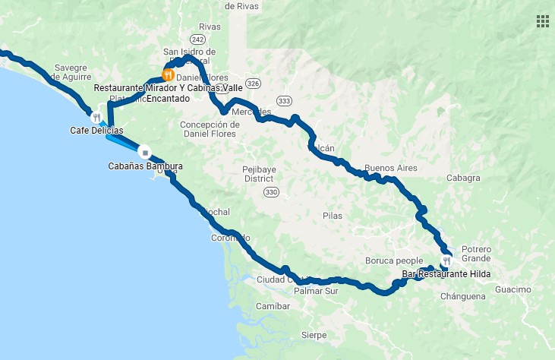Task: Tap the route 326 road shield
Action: pyautogui.click(x=253, y=83)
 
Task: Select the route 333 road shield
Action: pyautogui.click(x=284, y=100)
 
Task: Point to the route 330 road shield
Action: pyautogui.click(x=271, y=193)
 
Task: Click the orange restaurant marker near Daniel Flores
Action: pyautogui.click(x=168, y=75)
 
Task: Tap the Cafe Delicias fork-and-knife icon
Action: pyautogui.click(x=96, y=117)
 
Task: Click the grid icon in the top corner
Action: pyautogui.click(x=542, y=21)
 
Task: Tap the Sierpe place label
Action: pyautogui.click(x=314, y=335)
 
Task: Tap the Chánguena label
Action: pyautogui.click(x=464, y=296)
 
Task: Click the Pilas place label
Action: pyautogui.click(x=333, y=216)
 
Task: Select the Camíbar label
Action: pyautogui.click(x=273, y=306)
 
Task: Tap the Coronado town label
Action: pyautogui.click(x=230, y=238)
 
